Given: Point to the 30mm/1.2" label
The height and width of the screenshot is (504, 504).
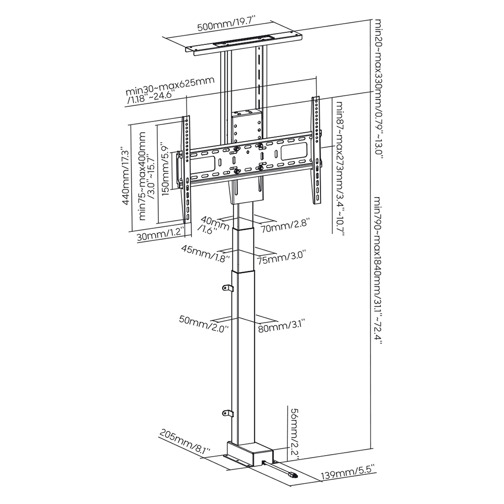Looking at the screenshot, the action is click(160, 236).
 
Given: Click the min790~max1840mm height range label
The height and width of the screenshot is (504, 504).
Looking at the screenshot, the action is click(376, 270).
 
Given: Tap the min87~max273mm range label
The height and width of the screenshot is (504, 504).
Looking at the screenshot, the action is click(339, 169).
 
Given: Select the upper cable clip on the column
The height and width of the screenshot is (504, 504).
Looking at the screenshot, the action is click(227, 288).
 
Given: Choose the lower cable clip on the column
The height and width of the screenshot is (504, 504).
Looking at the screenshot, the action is click(227, 413).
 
